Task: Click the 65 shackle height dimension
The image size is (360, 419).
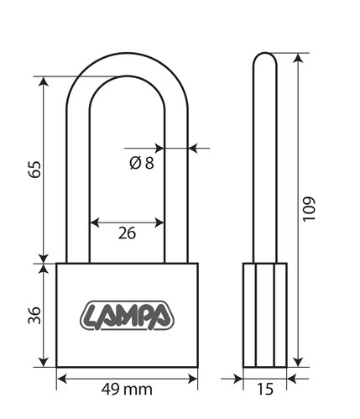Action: [35, 170]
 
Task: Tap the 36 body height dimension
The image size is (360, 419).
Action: [34, 315]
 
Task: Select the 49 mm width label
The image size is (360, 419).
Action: [127, 389]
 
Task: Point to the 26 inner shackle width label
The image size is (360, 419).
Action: [127, 233]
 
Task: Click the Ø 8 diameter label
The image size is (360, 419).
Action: [142, 163]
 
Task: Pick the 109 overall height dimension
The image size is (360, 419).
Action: [310, 209]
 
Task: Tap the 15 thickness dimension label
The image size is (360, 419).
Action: [265, 389]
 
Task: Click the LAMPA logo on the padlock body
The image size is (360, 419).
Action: [127, 316]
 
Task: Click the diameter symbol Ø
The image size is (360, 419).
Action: [135, 163]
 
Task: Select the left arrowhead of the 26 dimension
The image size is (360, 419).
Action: [95, 223]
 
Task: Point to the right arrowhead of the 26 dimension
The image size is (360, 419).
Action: [159, 223]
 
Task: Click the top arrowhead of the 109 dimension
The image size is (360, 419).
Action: [299, 58]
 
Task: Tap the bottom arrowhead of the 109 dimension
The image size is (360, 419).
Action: [299, 362]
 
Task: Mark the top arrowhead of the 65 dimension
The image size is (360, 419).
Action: [44, 81]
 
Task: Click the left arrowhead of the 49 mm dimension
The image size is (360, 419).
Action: [62, 379]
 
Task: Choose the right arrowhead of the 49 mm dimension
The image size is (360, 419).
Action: [193, 379]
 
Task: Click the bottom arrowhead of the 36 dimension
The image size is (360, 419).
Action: [44, 362]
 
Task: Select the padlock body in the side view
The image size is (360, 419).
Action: [265, 315]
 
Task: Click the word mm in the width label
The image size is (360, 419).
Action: [139, 390]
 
